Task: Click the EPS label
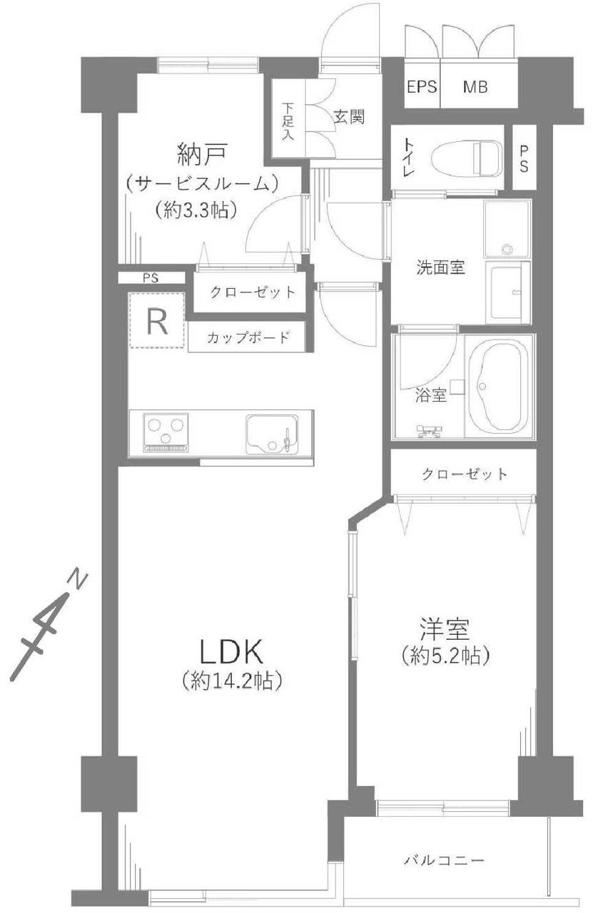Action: pos(422,87)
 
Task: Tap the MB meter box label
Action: pos(475,87)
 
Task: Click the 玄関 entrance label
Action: pos(349,117)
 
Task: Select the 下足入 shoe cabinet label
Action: pos(288,122)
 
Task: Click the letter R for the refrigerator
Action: pos(157,322)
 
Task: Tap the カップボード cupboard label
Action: pos(248,337)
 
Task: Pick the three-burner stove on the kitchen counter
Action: pos(166,433)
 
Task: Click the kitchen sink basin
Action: pos(272,434)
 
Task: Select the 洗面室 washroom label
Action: pos(440,267)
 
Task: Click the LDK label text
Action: pos(231,651)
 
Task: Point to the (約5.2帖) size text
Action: pos(445,656)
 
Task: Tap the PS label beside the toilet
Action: pos(524,158)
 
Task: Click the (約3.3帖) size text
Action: pos(196,210)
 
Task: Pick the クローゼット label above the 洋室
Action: pos(465,474)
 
